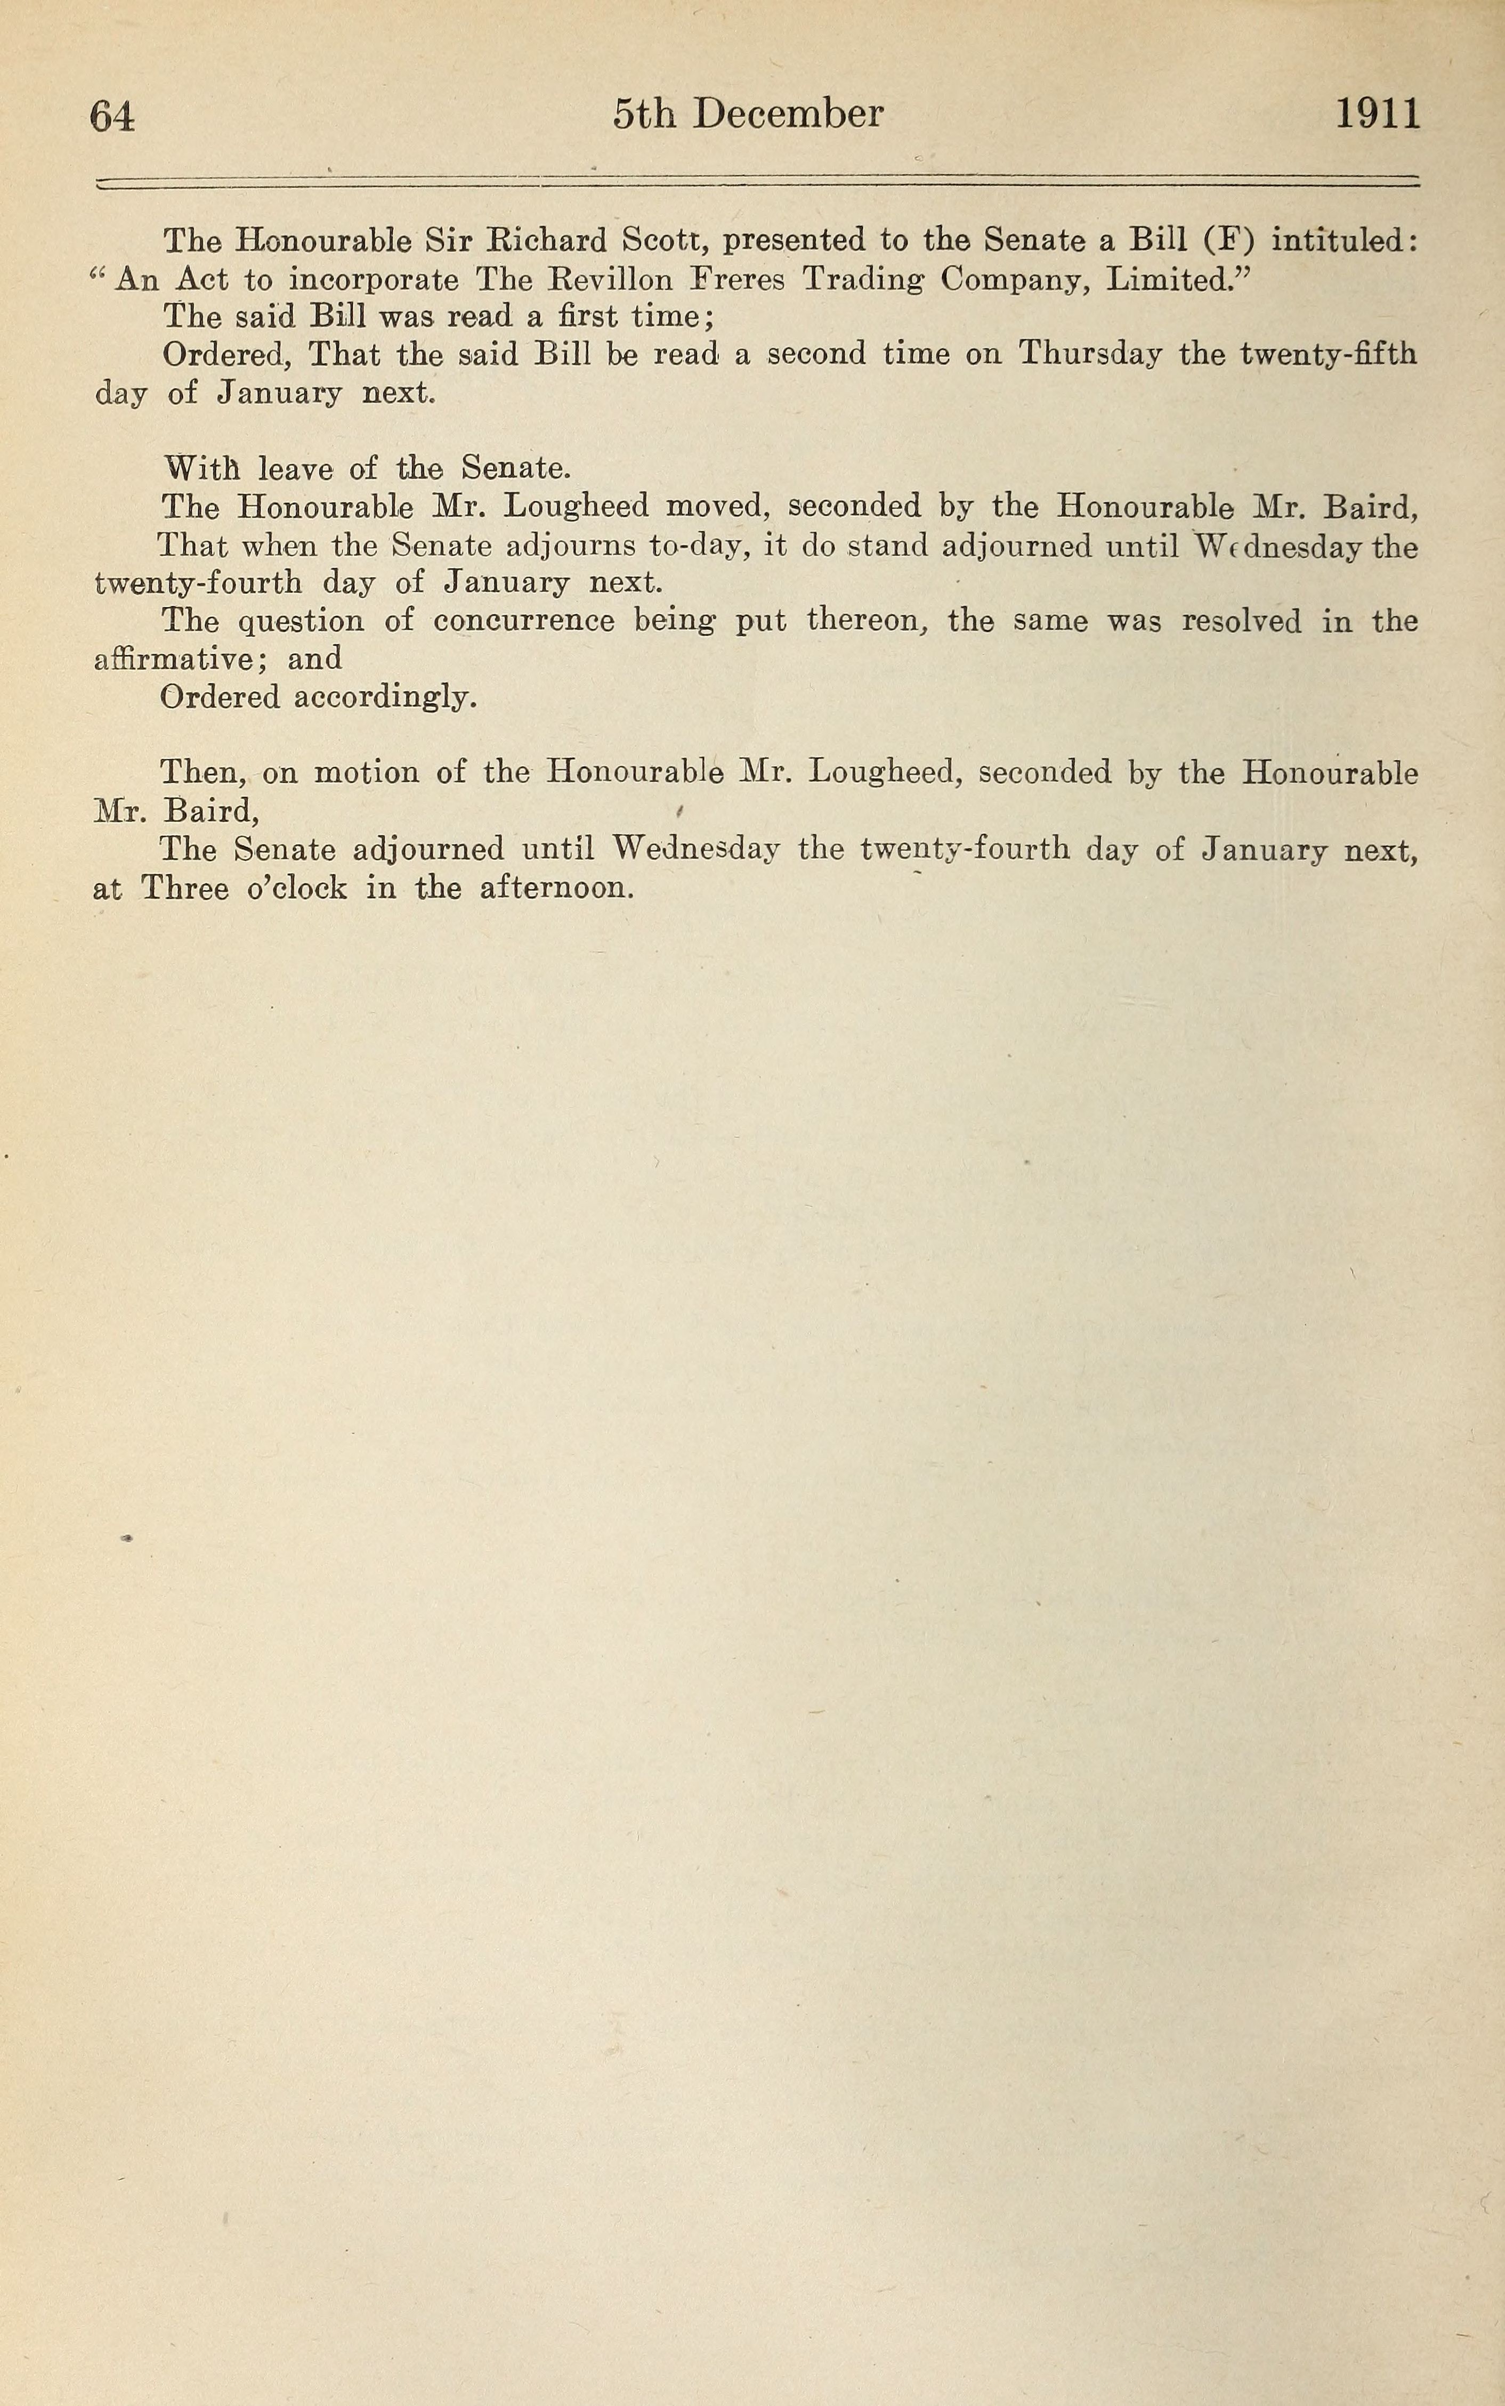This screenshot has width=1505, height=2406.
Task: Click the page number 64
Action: pos(111,117)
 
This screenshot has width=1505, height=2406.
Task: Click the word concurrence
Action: pos(523,621)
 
